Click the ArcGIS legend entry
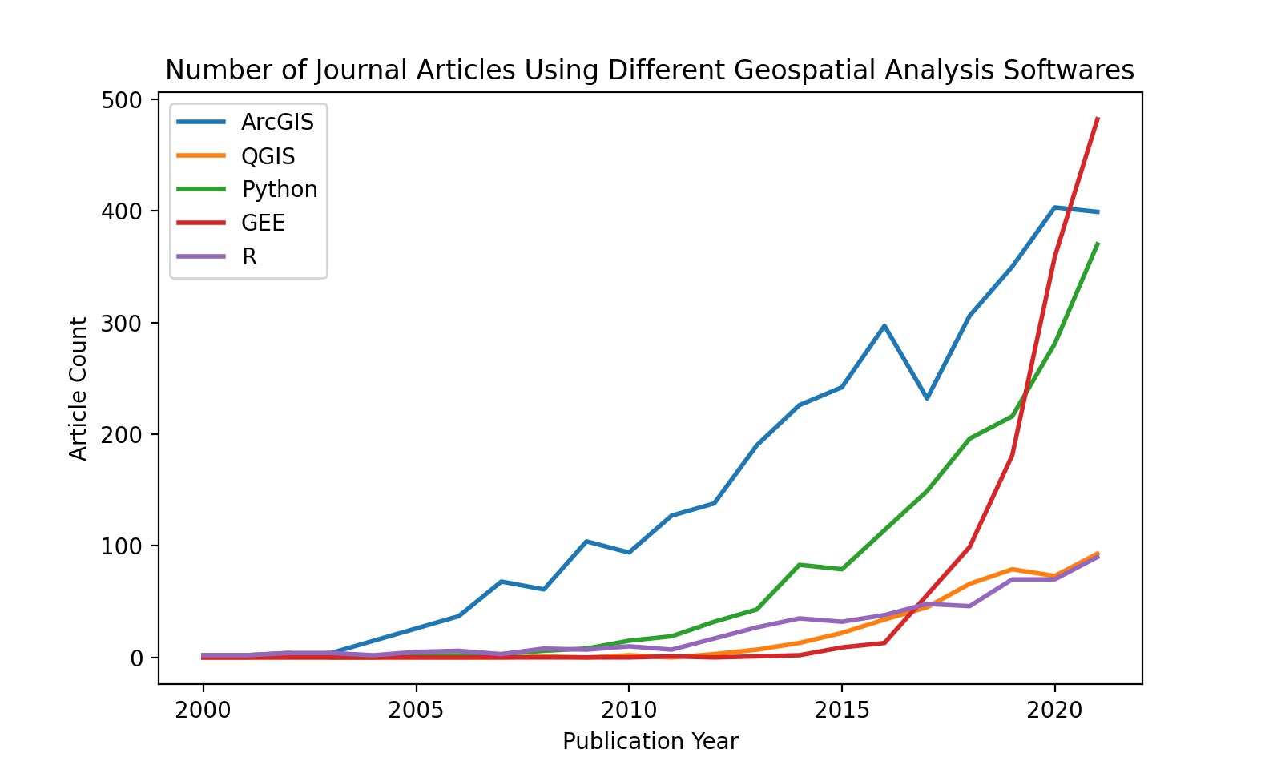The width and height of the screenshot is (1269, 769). point(277,122)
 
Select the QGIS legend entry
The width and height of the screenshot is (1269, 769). point(268,156)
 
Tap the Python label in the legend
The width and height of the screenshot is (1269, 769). point(279,190)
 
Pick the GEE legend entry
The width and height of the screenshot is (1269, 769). point(263,223)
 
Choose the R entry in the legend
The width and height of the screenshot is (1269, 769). point(249,257)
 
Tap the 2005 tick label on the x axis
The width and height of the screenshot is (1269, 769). point(416,710)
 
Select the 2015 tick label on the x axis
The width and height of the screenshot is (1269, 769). point(841,710)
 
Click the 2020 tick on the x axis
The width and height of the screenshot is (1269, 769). point(1054,710)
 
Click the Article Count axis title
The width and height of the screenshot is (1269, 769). point(78,389)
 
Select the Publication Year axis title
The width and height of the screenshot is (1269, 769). point(650,742)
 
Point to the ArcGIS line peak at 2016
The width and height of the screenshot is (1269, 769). point(884,325)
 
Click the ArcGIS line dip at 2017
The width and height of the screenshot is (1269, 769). point(927,398)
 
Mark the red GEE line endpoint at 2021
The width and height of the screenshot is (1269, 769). point(1098,119)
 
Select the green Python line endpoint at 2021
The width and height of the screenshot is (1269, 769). point(1098,244)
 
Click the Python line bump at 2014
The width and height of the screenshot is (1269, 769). point(800,565)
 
